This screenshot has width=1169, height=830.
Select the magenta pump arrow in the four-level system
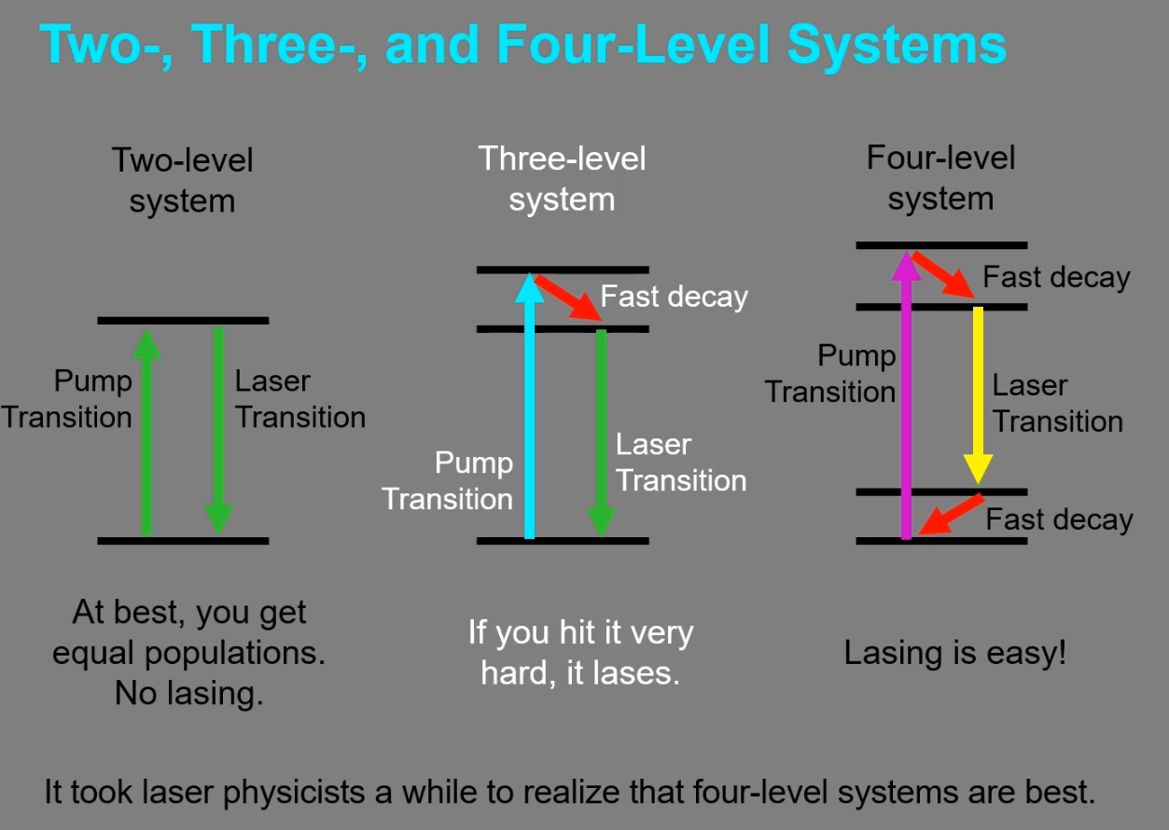click(x=905, y=401)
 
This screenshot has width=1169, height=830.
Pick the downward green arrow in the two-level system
click(x=218, y=429)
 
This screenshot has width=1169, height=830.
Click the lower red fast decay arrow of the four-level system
click(x=952, y=514)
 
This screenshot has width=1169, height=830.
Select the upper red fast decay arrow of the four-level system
click(x=943, y=274)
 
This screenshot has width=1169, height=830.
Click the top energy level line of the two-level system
click(x=183, y=321)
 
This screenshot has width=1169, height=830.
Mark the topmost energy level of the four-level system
click(x=941, y=245)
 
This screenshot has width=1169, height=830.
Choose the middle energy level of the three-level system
click(x=562, y=329)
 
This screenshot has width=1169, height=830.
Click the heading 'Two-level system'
click(x=182, y=180)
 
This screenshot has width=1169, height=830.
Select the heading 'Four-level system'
click(x=940, y=178)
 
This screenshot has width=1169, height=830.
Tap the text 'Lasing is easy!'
click(x=954, y=653)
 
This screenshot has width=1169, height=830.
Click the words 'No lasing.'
click(x=188, y=693)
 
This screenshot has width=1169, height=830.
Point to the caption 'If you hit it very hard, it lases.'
click(x=580, y=653)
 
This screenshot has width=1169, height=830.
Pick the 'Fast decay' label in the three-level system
click(x=674, y=297)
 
